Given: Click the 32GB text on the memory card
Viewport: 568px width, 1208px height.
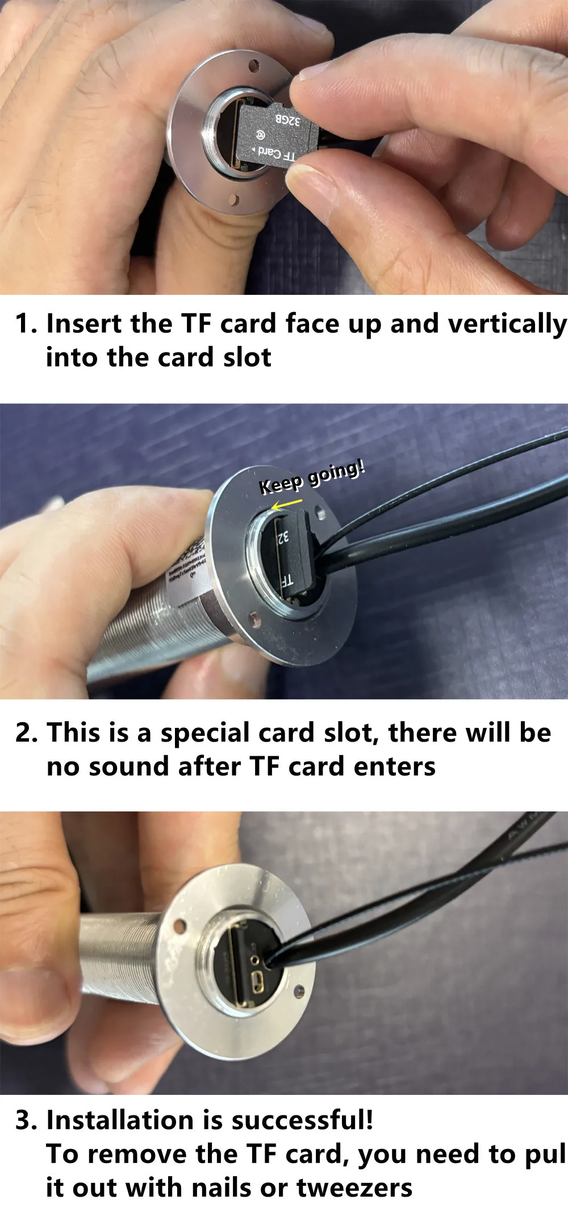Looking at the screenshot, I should pos(287,120).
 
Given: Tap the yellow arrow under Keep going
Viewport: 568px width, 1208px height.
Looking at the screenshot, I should pos(286,505).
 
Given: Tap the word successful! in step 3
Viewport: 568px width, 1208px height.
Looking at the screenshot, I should pos(302,1120).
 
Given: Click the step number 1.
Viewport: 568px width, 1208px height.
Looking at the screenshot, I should pos(26,324).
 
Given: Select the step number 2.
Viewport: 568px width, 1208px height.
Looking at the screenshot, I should pos(26,733).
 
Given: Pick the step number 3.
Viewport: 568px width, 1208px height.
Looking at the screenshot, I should pos(26,1120).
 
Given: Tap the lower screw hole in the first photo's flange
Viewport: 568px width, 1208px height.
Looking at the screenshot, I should pos(233,199).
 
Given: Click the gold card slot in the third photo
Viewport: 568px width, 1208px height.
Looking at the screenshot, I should pos(235,963).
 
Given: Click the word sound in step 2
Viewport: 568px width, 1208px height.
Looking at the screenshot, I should pos(130,767).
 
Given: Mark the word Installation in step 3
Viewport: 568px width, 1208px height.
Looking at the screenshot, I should pos(119,1120).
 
